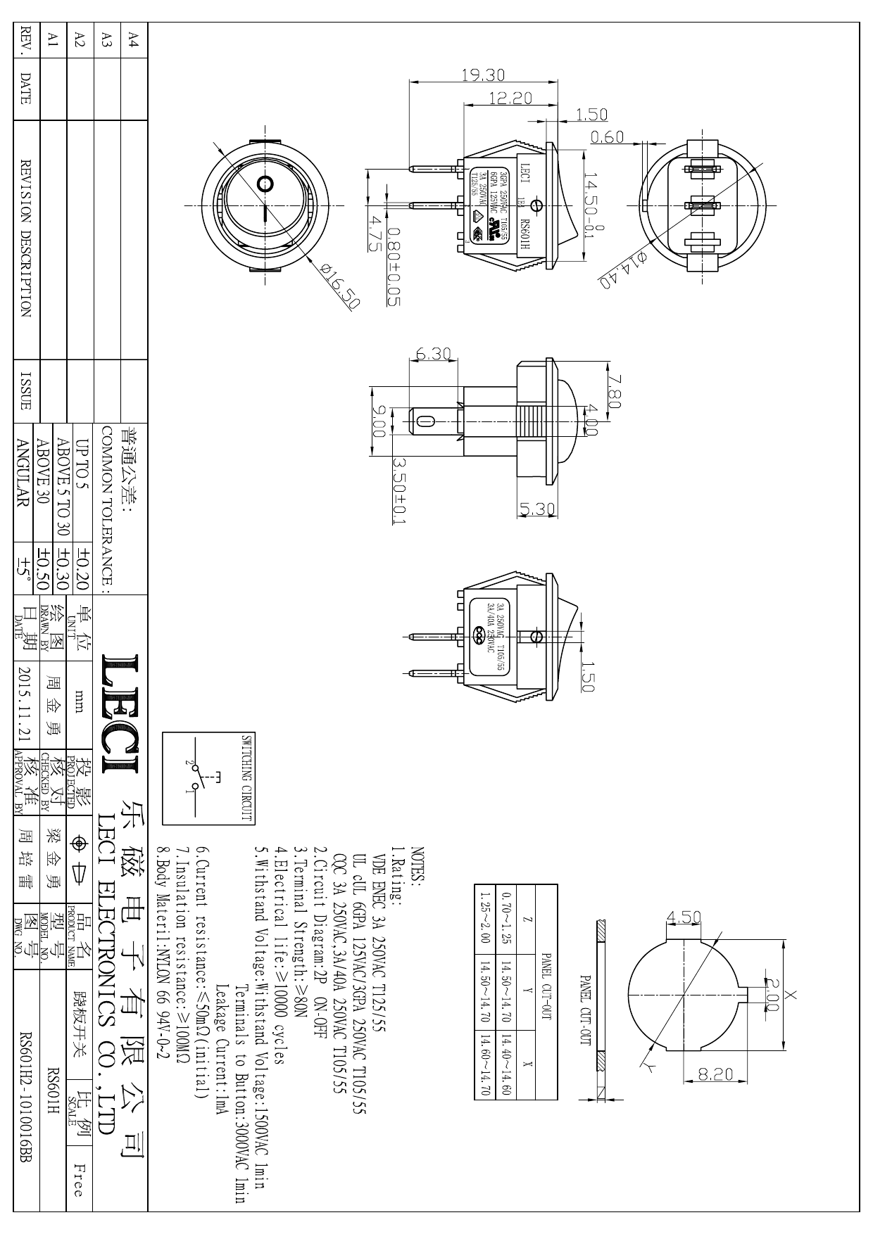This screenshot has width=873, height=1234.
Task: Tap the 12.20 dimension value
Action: click(510, 98)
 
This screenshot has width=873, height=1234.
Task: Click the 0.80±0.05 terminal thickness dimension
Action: click(394, 267)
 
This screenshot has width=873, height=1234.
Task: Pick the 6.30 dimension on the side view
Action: click(433, 355)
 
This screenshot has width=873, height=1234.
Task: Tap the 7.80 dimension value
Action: click(613, 390)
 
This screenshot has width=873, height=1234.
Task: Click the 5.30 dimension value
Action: click(537, 509)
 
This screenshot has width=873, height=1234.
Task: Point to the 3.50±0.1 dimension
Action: click(399, 490)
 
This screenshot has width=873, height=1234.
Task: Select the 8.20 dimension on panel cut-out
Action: click(715, 1074)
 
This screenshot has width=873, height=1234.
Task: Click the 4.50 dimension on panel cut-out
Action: click(684, 917)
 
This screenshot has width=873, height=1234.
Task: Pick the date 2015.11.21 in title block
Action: click(26, 704)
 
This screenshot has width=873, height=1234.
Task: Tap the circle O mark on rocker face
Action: click(265, 184)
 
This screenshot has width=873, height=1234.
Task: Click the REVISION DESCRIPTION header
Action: click(26, 239)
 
